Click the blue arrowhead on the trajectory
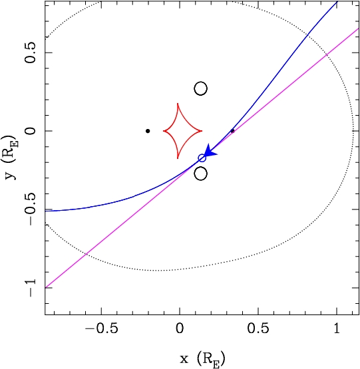[210, 152]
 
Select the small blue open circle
[202, 158]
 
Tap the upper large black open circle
[200, 88]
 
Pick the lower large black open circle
[200, 174]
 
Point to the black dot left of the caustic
[148, 131]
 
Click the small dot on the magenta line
[232, 131]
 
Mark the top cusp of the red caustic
[178, 103]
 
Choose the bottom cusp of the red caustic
[178, 158]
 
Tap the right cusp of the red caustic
[202, 131]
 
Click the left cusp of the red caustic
[164, 131]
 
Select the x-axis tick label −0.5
[102, 328]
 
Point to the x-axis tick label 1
[337, 328]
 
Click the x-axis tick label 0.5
[258, 328]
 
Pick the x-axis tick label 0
[180, 328]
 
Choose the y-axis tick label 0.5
[31, 53]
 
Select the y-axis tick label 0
[31, 131]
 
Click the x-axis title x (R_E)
[202, 359]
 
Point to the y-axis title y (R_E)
[10, 157]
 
